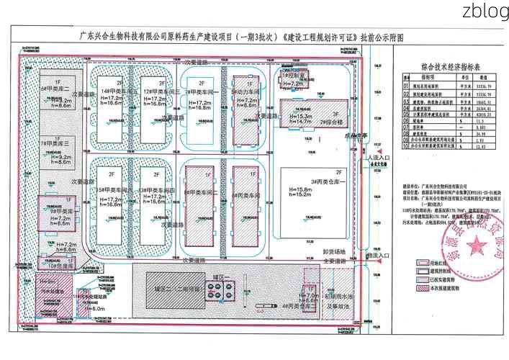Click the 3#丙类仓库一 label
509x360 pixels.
(325, 180)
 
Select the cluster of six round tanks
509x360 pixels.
(215, 290)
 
